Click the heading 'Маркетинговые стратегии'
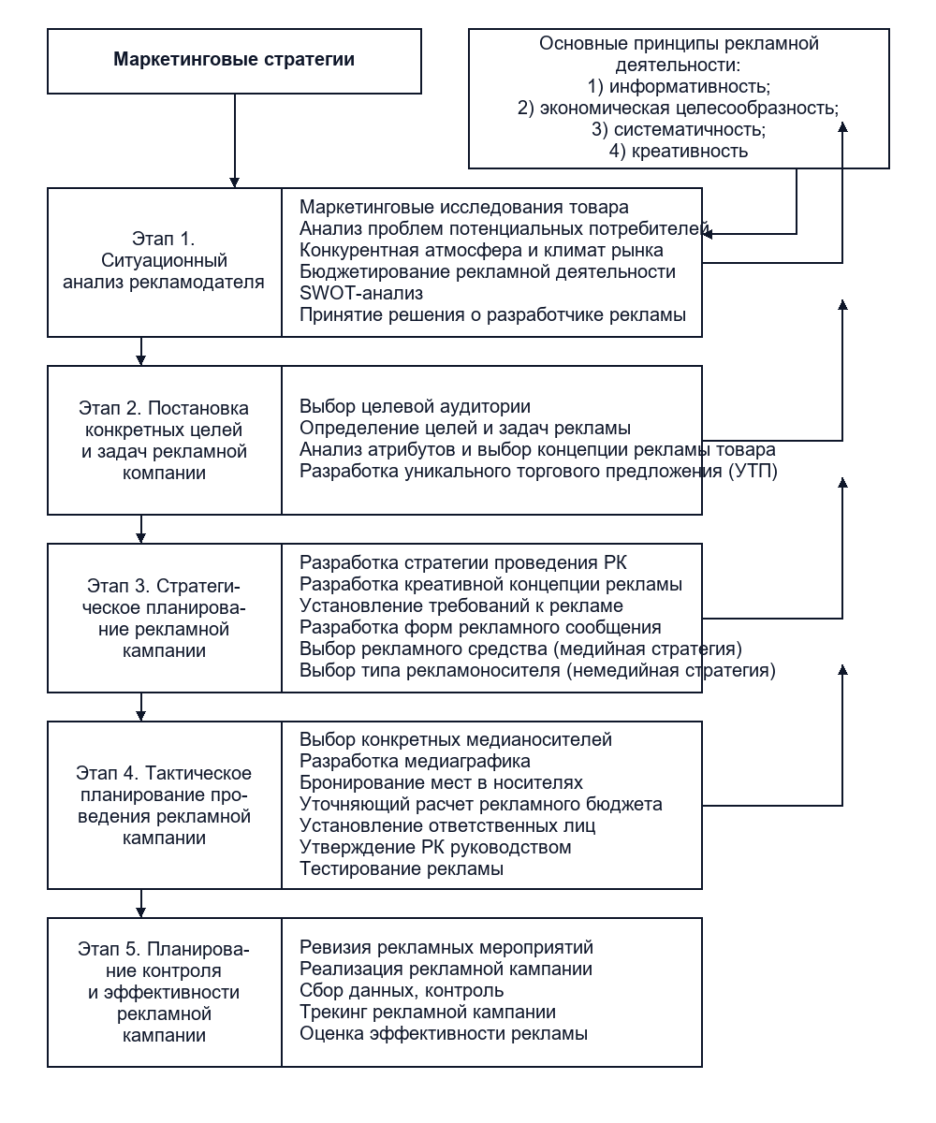pyautogui.click(x=234, y=59)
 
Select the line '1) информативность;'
pyautogui.click(x=679, y=87)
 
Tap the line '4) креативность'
pyautogui.click(x=679, y=151)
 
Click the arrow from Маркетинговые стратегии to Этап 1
pyautogui.click(x=235, y=141)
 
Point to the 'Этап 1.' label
pyautogui.click(x=164, y=239)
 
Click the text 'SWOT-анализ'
pyautogui.click(x=361, y=293)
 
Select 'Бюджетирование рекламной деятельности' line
pyautogui.click(x=488, y=271)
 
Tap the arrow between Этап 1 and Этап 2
pyautogui.click(x=141, y=351)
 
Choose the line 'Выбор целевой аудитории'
pyautogui.click(x=415, y=406)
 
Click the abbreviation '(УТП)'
pyautogui.click(x=753, y=471)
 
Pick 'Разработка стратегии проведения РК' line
pyautogui.click(x=463, y=562)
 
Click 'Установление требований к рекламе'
pyautogui.click(x=461, y=605)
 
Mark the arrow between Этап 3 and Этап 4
pyautogui.click(x=141, y=707)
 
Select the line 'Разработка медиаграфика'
pyautogui.click(x=415, y=761)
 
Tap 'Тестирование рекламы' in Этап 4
pyautogui.click(x=402, y=868)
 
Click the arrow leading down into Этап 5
pyautogui.click(x=141, y=904)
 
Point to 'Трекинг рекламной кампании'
pyautogui.click(x=428, y=1012)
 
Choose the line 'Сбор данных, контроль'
pyautogui.click(x=402, y=990)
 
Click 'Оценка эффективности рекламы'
pyautogui.click(x=444, y=1033)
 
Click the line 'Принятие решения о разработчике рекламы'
pyautogui.click(x=492, y=314)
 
